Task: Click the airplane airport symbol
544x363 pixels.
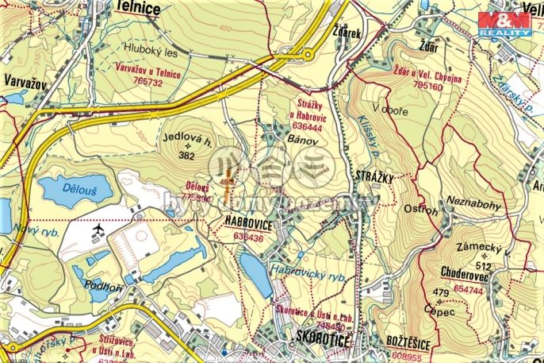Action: point(98,230)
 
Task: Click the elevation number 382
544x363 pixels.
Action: point(187,156)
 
